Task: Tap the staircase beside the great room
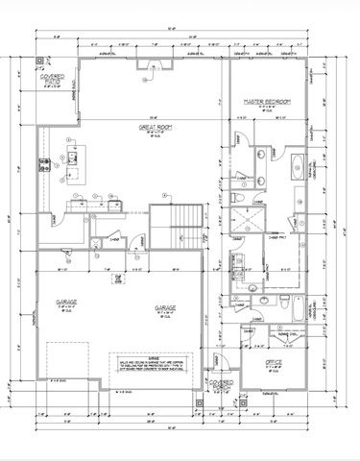click(187, 224)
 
